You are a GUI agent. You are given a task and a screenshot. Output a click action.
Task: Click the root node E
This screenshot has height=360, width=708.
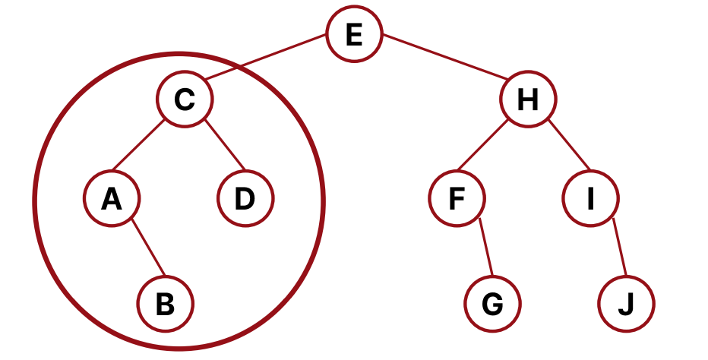pos(355,36)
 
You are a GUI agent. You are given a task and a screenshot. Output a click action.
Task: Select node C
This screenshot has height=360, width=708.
pos(185,99)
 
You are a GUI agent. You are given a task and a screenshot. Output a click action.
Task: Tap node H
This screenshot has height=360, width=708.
pos(528,99)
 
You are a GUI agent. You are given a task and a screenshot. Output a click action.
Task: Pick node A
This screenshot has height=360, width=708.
pos(111,200)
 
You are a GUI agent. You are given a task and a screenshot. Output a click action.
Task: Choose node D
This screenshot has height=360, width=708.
pos(245,200)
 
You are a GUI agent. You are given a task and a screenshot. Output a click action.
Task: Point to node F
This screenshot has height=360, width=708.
pos(456,200)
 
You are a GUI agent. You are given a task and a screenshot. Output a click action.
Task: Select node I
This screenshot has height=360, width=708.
pos(590,200)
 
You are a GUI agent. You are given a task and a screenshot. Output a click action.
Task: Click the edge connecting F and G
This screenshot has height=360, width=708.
pos(485,248)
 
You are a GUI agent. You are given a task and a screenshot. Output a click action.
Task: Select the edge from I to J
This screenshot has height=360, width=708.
pos(618,248)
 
